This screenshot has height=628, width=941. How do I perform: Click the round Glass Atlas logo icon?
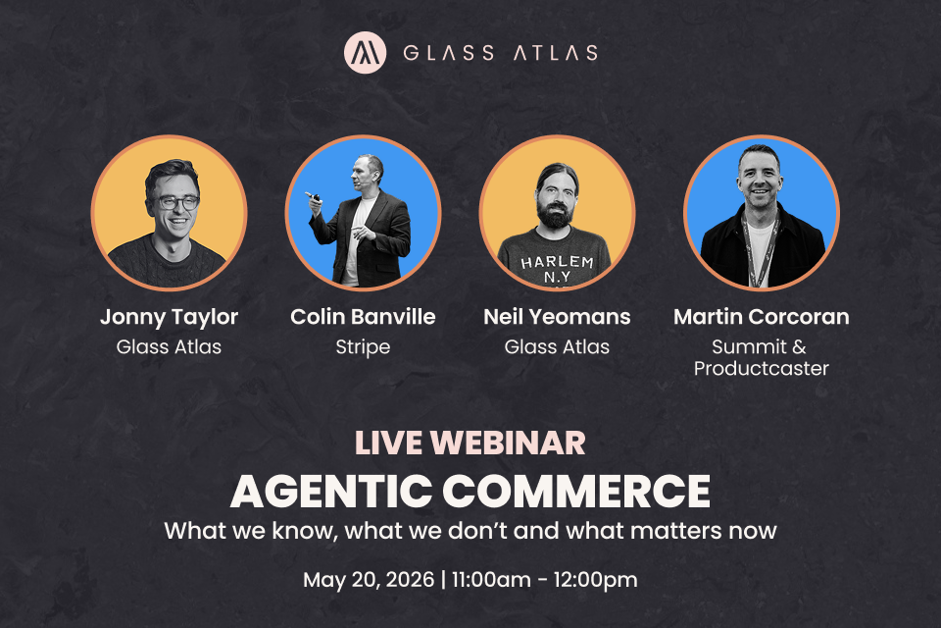[x=365, y=53]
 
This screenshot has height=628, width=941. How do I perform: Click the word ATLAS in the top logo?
[x=556, y=53]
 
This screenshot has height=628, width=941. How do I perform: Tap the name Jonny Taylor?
[x=170, y=317]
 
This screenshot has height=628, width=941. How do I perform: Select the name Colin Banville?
[x=363, y=317]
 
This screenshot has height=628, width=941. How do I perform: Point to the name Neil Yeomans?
[x=557, y=317]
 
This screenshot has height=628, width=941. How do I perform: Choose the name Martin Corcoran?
[x=762, y=317]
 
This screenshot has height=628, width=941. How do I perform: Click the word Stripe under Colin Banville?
[x=363, y=347]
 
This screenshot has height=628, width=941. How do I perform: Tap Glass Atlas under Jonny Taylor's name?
[x=170, y=346]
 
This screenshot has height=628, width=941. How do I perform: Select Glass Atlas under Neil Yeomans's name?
[x=557, y=346]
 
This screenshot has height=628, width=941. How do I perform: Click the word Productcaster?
[x=762, y=368]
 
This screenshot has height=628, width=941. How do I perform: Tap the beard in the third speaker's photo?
[x=557, y=212]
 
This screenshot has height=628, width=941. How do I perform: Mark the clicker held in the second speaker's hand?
[x=313, y=196]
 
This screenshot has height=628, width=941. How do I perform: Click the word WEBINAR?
[x=508, y=444]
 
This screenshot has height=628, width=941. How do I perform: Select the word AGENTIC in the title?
[x=331, y=492]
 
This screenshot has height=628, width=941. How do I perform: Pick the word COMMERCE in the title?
[x=576, y=492]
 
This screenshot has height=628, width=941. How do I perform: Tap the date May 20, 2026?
[x=369, y=581]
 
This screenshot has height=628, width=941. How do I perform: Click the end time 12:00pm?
[x=595, y=581]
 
